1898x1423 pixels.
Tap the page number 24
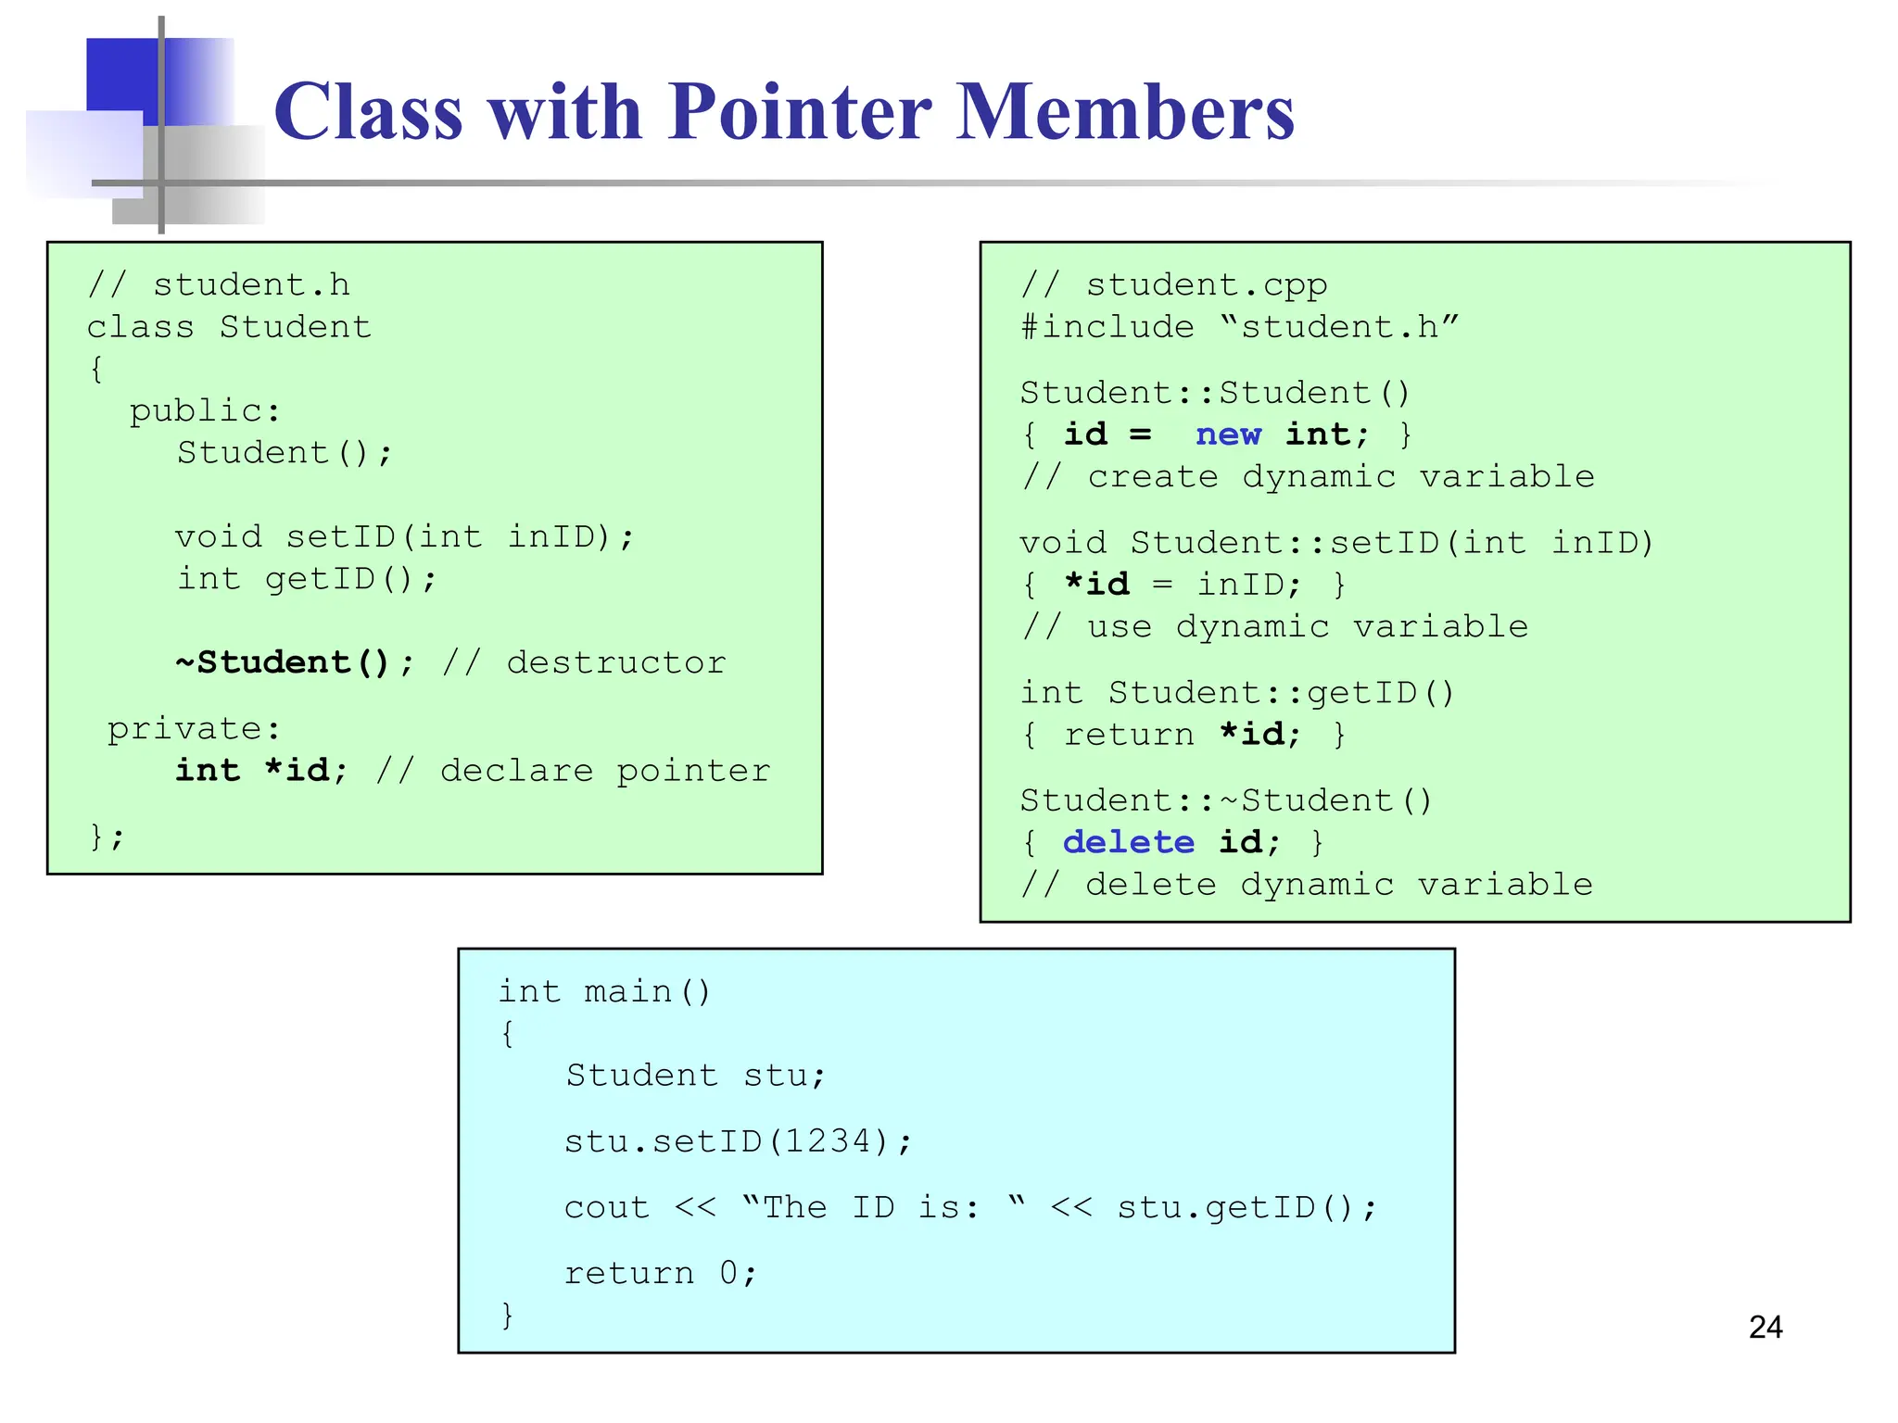point(1765,1327)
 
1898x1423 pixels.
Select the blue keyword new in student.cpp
point(1228,434)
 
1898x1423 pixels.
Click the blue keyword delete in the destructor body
point(1128,842)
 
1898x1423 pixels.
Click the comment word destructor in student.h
point(616,662)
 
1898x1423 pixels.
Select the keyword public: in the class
point(204,410)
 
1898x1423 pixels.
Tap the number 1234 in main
point(827,1141)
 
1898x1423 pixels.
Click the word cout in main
point(607,1207)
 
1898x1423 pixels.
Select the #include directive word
point(1107,327)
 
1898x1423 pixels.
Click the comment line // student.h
point(220,284)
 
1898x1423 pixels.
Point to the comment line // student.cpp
point(1174,284)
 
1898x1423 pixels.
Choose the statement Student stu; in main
point(695,1076)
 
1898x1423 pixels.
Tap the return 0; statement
point(661,1273)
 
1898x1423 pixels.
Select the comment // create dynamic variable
point(1308,476)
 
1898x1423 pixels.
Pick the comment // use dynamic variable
point(1274,626)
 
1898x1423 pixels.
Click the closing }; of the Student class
point(107,837)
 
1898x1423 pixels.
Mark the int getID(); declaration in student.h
point(307,579)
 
